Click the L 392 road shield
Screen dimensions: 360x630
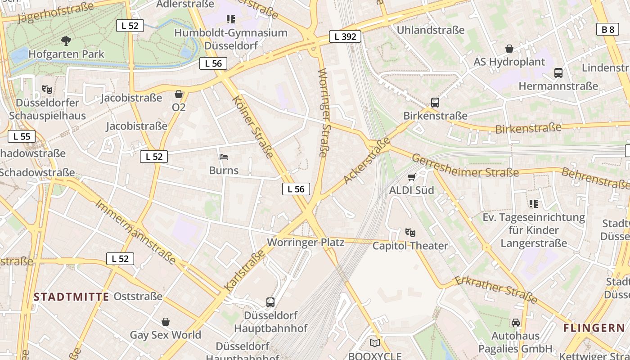(345, 36)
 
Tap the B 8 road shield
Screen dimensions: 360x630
(607, 30)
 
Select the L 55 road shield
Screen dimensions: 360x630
(22, 136)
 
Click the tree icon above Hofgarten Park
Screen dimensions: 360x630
(66, 41)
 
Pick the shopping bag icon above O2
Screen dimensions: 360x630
(179, 94)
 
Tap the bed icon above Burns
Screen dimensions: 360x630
(224, 157)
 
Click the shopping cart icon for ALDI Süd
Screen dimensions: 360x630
(411, 177)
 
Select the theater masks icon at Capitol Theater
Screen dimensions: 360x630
(410, 233)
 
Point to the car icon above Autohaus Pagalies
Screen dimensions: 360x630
(515, 323)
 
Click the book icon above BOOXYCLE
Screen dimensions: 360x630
(375, 343)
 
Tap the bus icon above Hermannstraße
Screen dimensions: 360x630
(558, 73)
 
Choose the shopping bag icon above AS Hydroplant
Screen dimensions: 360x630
(509, 49)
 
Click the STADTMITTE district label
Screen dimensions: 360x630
(72, 297)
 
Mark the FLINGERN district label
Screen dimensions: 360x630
(594, 328)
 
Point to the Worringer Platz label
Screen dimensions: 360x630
(306, 243)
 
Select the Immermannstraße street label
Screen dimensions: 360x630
(135, 231)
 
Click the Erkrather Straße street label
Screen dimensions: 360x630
(496, 289)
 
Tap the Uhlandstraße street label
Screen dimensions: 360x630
(430, 30)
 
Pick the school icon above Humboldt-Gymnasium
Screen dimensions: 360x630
(231, 19)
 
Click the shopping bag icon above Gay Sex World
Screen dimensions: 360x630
(166, 322)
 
